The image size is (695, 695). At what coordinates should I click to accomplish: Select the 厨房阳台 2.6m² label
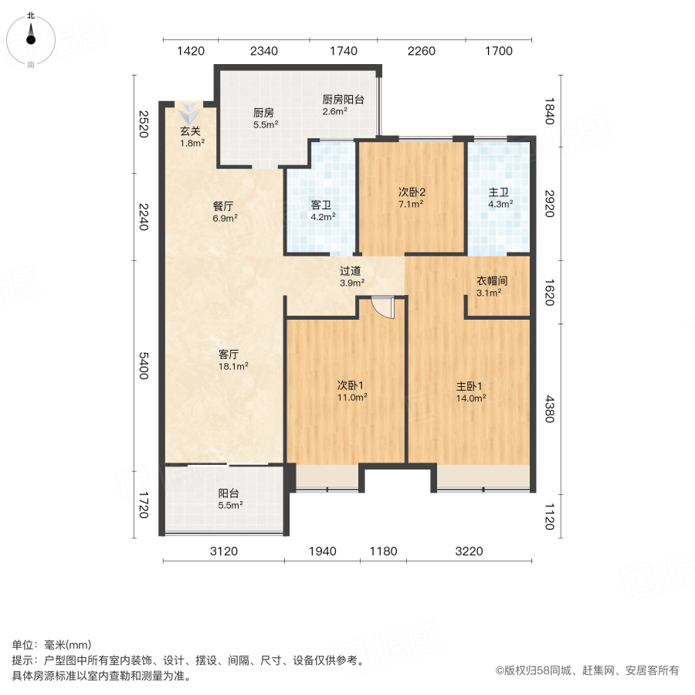(342, 104)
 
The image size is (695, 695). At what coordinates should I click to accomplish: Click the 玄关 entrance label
(192, 137)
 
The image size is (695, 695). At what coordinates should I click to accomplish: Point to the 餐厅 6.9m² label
(224, 212)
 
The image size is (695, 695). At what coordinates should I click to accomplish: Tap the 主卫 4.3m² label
(500, 198)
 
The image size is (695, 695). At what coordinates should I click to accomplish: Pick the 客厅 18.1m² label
(229, 360)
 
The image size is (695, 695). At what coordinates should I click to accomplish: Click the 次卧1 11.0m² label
(351, 390)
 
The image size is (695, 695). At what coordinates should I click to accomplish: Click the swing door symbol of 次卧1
(383, 307)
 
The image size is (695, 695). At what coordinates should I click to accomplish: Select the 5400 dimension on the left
(142, 364)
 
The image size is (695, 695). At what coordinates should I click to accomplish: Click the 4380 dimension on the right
(550, 409)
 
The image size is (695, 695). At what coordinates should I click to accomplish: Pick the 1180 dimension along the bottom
(382, 551)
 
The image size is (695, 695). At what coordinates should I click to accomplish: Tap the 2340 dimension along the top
(263, 52)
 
